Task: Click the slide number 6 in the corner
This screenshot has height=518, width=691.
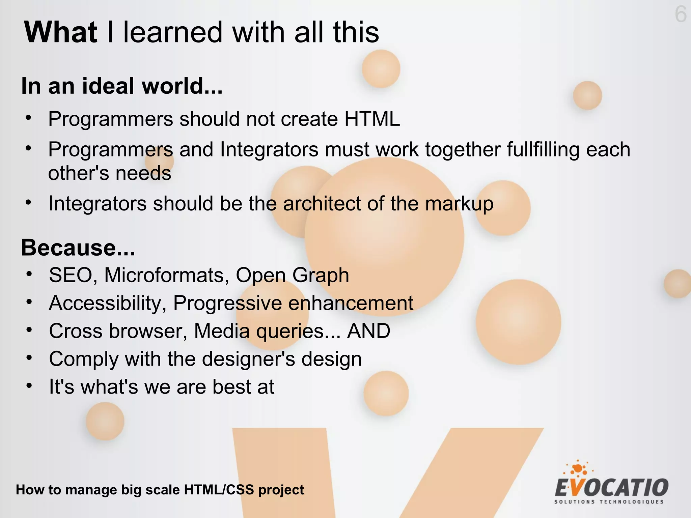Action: [x=681, y=15]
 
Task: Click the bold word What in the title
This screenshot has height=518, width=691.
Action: [x=61, y=32]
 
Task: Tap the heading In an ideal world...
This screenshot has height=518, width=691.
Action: [x=121, y=86]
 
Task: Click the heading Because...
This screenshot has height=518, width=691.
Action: [x=78, y=248]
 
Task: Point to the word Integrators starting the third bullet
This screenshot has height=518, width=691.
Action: [x=98, y=204]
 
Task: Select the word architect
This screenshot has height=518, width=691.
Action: [x=322, y=204]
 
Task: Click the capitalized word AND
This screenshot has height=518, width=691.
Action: [x=369, y=331]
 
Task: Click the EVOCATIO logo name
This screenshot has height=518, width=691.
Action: [x=611, y=488]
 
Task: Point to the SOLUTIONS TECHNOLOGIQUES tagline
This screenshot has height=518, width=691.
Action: [x=609, y=502]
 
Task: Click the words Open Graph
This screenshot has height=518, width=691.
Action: [x=292, y=275]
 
